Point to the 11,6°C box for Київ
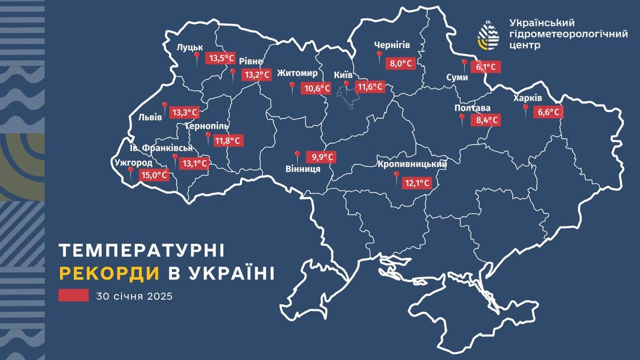[x=370, y=87]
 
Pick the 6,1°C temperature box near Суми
[x=485, y=67]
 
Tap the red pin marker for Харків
[x=525, y=108]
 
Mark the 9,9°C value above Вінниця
[x=320, y=157]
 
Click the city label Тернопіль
[x=207, y=126]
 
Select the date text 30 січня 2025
[x=135, y=296]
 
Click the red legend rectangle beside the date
[x=73, y=296]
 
